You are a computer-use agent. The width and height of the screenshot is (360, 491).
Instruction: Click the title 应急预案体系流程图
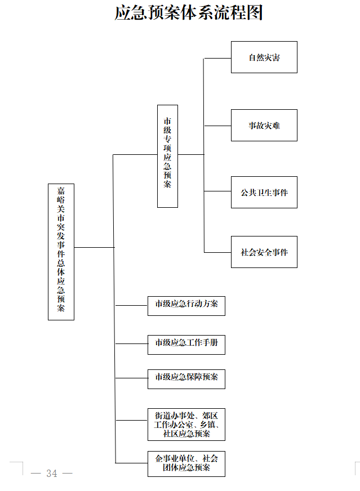point(189,12)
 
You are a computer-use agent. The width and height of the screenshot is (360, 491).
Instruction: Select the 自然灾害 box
point(264,57)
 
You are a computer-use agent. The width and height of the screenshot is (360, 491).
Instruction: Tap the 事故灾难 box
point(264,125)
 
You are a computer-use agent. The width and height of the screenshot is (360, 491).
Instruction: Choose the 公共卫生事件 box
point(264,192)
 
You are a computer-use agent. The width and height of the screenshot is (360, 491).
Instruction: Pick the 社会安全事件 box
point(264,252)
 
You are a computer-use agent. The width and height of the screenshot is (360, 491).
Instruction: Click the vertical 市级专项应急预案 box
point(167,156)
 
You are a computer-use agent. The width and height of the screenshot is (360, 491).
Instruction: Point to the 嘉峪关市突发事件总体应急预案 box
point(61,252)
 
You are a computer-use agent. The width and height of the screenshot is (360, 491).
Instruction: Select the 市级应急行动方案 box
point(186,305)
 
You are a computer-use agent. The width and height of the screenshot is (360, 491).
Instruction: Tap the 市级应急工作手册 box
point(186,343)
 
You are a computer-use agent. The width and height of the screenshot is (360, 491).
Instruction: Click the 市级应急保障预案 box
point(186,378)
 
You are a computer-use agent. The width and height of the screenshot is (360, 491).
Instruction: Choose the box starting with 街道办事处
point(186,425)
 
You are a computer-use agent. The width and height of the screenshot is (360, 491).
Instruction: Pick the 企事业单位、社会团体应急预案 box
point(186,463)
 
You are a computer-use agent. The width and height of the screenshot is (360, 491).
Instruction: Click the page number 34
point(52,474)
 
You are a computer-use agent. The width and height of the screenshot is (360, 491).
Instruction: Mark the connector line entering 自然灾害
point(217,58)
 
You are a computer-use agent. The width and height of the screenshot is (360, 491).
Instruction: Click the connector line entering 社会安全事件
point(217,252)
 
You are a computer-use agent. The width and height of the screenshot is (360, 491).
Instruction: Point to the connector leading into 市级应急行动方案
point(131,306)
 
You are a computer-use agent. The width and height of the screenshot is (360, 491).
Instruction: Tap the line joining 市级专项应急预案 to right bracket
point(191,154)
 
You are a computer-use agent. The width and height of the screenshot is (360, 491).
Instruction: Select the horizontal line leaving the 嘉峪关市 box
point(94,247)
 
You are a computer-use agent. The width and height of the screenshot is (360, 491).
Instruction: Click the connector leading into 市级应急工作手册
point(131,343)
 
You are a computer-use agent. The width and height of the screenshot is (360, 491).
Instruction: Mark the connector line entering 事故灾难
point(217,125)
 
